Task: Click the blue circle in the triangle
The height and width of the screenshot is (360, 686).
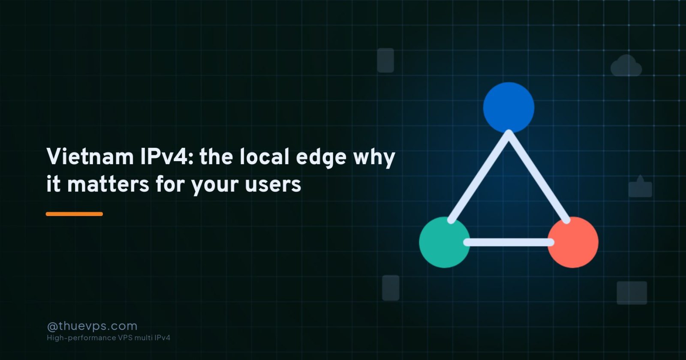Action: [x=508, y=108]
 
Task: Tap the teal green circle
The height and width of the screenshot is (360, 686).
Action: [x=444, y=242]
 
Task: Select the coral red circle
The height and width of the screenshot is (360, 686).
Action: [x=573, y=242]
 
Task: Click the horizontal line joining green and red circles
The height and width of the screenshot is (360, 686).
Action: [x=508, y=243]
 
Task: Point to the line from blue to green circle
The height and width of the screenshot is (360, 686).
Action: [x=480, y=177]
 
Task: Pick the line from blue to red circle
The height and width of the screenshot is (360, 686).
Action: [x=538, y=177]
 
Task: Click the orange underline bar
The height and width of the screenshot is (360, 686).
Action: [x=75, y=214]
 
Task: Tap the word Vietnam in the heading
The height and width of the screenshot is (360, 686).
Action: [x=90, y=157]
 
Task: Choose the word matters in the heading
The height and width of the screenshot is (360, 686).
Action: [x=108, y=185]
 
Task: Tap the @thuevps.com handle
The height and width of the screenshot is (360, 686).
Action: [x=92, y=326]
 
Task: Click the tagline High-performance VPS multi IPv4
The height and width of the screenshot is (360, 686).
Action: [x=108, y=338]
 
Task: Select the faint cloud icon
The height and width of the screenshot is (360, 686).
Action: [x=626, y=66]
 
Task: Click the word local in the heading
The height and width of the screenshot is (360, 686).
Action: [x=265, y=157]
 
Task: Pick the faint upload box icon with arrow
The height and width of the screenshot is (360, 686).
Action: [x=640, y=186]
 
